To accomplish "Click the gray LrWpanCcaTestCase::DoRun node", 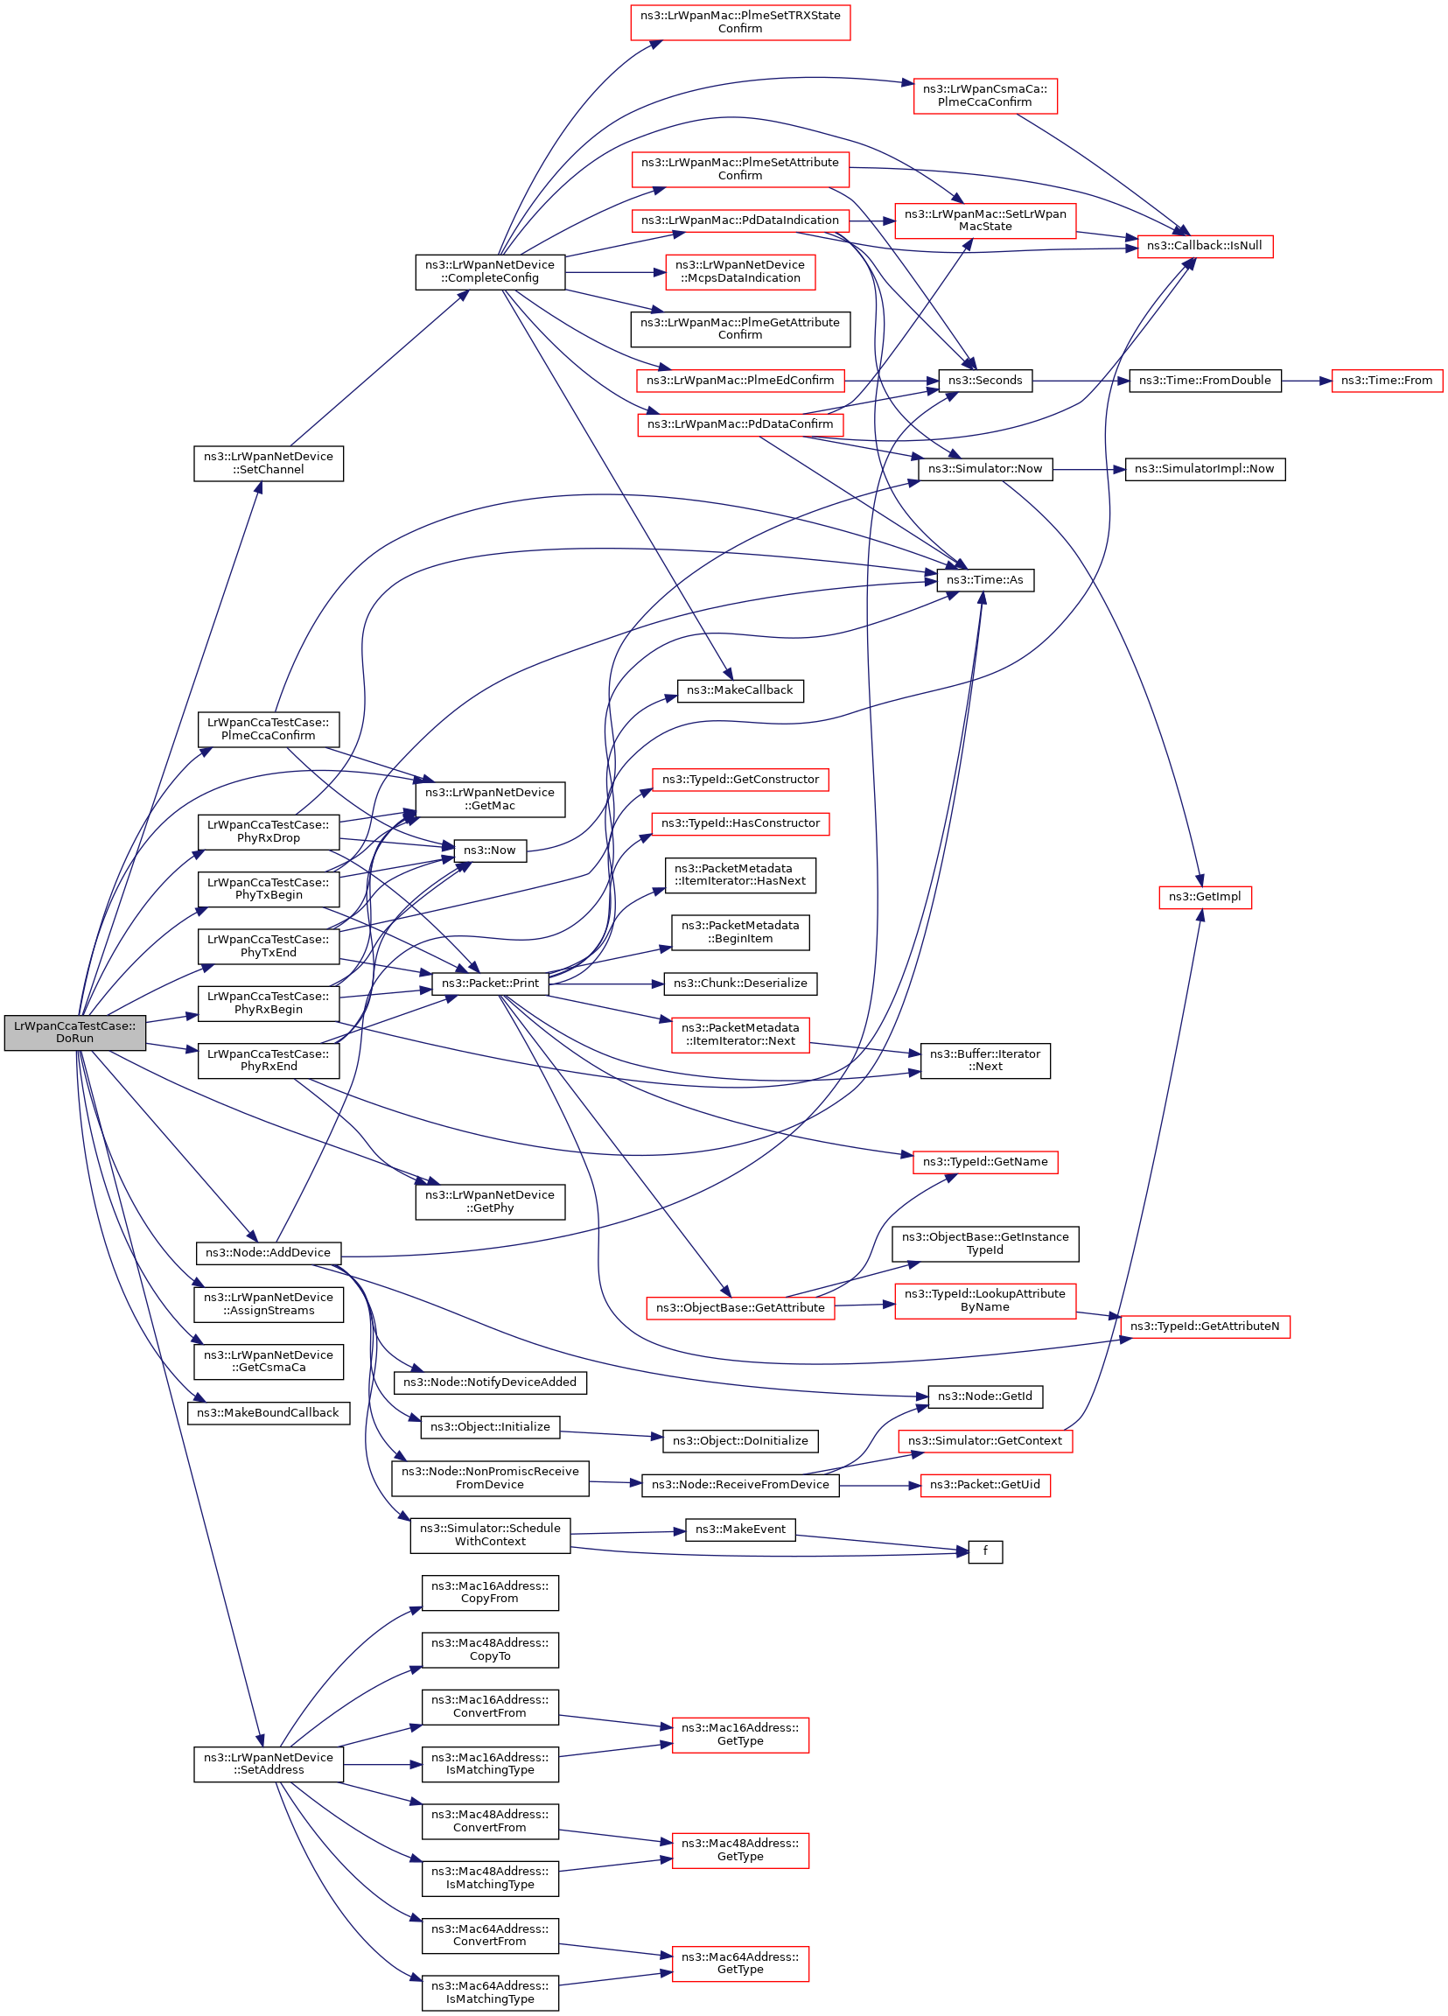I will coord(74,1032).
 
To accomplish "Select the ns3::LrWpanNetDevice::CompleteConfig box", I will coord(490,272).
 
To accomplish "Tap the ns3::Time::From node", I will coord(1386,381).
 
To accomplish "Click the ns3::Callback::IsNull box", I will coord(1205,246).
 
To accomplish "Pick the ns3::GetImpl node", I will coord(1205,897).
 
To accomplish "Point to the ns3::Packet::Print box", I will coord(490,983).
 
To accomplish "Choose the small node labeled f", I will coord(985,1552).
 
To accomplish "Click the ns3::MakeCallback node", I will coord(739,690).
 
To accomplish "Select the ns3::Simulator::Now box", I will coord(985,469).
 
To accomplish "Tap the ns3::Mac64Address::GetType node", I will coord(739,1963).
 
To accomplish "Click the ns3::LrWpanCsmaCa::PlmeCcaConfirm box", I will coord(985,96).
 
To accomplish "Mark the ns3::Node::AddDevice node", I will coord(268,1253).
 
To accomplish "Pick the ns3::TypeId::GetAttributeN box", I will coord(1205,1326).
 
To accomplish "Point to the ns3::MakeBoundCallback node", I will coord(268,1413).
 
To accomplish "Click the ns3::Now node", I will coord(490,850).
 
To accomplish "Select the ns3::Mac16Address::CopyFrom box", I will coord(490,1592).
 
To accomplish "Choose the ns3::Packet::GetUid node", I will coord(985,1485).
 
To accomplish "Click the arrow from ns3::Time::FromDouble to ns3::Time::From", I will coord(1305,381).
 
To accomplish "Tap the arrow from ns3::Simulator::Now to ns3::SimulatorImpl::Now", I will coord(1089,469).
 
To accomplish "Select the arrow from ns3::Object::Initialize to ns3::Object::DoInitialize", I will coord(612,1434).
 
